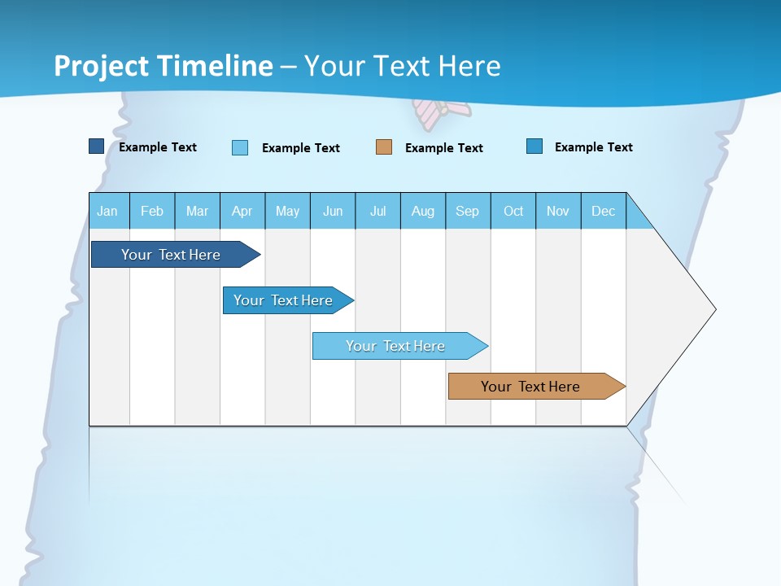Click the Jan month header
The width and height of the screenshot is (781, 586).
(108, 211)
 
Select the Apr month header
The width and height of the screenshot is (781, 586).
(242, 211)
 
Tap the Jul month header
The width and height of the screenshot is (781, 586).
(377, 211)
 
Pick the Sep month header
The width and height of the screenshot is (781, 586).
(468, 211)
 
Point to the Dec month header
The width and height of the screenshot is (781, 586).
(603, 211)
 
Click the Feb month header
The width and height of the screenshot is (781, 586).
(152, 211)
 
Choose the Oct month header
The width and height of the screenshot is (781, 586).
(513, 211)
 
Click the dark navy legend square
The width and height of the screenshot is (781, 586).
(97, 146)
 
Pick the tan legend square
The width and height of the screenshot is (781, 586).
(384, 147)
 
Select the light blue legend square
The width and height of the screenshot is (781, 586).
(240, 147)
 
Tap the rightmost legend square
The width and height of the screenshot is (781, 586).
(534, 146)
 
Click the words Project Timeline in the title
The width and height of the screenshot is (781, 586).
(164, 66)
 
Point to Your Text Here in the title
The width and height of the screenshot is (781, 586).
(403, 66)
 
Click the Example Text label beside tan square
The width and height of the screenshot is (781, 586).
(444, 148)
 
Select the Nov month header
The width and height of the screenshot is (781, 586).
(558, 211)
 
